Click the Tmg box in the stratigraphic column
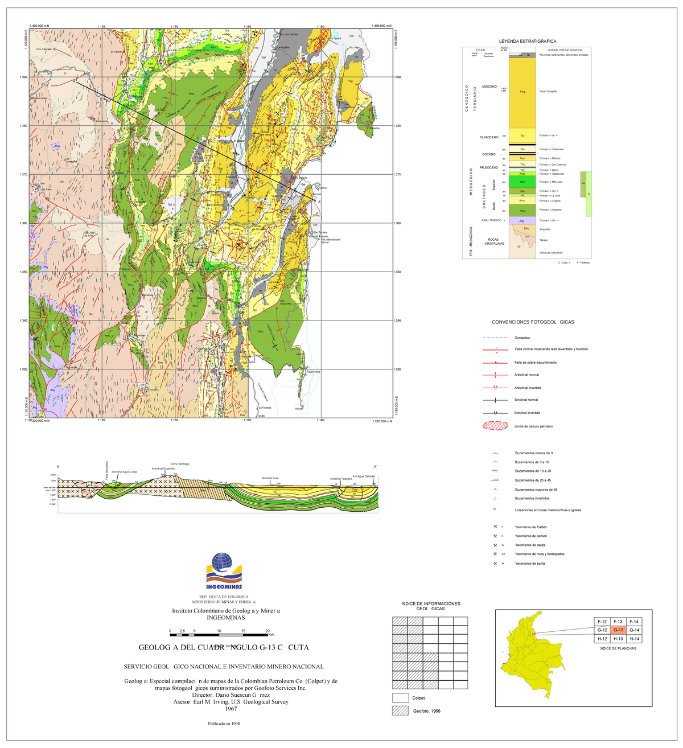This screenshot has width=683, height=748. click(x=522, y=91)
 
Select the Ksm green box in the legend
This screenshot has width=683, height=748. click(x=522, y=182)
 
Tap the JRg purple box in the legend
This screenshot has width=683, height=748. click(x=522, y=220)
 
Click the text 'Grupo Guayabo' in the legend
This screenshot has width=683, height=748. click(x=549, y=91)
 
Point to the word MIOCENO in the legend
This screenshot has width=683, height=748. click(x=489, y=87)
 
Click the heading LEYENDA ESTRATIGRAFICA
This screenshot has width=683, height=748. click(x=527, y=42)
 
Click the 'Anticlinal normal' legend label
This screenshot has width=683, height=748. click(x=526, y=375)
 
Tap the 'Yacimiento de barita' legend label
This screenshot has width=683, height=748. click(x=531, y=564)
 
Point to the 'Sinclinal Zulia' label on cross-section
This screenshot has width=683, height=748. click(x=270, y=478)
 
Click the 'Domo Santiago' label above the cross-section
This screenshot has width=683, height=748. click(x=179, y=464)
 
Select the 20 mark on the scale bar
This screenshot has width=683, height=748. click(x=268, y=631)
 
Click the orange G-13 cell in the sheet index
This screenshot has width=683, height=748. click(x=619, y=630)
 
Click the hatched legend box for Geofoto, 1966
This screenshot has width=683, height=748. click(x=401, y=711)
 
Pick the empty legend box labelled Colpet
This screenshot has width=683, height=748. click(x=401, y=698)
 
